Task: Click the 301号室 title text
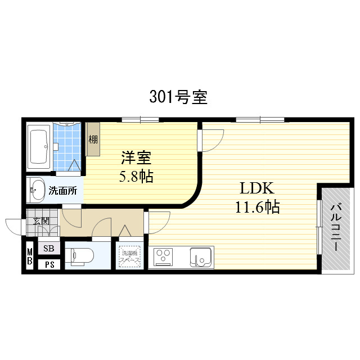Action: click(x=178, y=97)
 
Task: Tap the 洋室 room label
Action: click(x=136, y=158)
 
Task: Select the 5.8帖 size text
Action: click(x=136, y=177)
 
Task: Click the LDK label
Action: click(x=257, y=188)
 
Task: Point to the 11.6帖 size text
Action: click(x=257, y=208)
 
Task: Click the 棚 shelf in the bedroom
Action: click(x=92, y=139)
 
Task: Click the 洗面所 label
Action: click(x=62, y=191)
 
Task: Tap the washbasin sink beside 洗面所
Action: click(x=37, y=190)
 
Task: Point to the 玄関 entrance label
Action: click(x=40, y=220)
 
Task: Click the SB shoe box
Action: click(x=49, y=248)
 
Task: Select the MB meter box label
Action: click(x=30, y=256)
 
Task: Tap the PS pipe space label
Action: click(x=49, y=264)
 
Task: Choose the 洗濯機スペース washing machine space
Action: click(x=130, y=256)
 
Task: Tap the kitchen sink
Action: click(x=200, y=257)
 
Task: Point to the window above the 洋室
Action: click(x=140, y=119)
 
